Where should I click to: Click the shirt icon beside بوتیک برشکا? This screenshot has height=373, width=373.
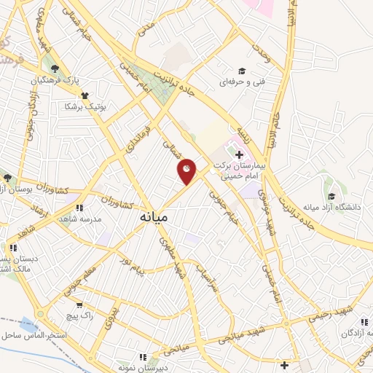85,95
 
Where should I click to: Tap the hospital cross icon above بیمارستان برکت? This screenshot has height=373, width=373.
239,154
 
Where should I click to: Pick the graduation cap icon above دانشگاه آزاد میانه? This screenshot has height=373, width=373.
331,196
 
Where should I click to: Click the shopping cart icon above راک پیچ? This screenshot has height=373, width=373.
79,305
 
